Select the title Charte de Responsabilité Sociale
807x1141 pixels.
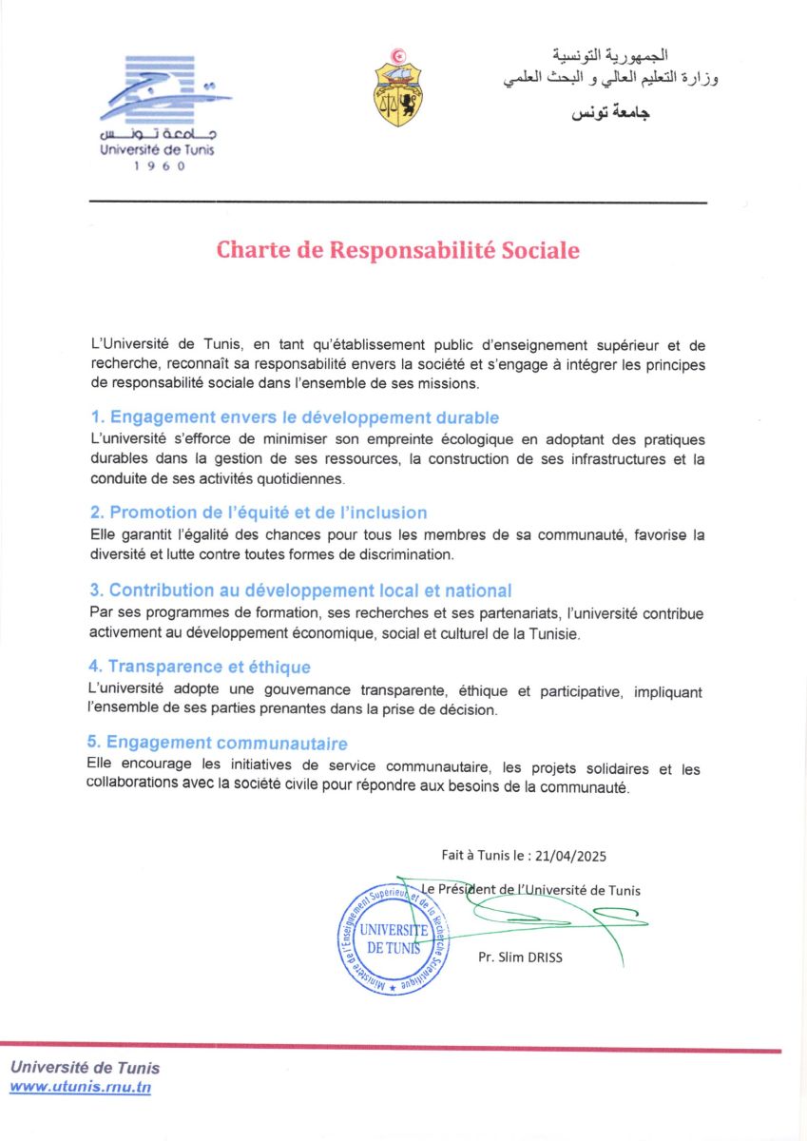pyautogui.click(x=397, y=250)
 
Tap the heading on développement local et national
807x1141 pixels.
pyautogui.click(x=300, y=590)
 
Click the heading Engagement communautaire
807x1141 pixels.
pyautogui.click(x=218, y=743)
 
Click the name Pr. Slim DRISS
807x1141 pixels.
pyautogui.click(x=520, y=957)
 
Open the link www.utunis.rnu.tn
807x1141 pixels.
pyautogui.click(x=80, y=1088)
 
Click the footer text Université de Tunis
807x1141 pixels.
pyautogui.click(x=85, y=1068)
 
